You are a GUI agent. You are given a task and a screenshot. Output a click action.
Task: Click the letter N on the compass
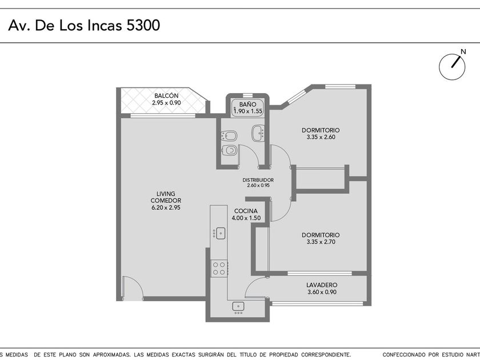(x=463, y=52)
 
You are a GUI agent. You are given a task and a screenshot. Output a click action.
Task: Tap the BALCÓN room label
(x=166, y=96)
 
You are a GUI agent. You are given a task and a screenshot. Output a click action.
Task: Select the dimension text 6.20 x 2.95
(x=166, y=207)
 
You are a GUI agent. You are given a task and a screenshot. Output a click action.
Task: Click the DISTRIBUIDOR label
(x=258, y=180)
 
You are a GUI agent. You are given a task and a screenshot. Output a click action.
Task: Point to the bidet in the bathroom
(x=229, y=135)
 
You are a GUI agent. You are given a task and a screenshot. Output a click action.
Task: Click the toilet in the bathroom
(x=229, y=150)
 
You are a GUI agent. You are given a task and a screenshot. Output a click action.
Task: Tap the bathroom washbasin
(x=258, y=133)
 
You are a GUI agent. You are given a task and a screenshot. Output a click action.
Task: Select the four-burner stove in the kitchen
(x=219, y=269)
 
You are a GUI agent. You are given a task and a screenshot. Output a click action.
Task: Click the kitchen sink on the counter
(x=219, y=233)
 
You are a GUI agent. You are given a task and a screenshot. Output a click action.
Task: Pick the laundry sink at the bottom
(x=238, y=307)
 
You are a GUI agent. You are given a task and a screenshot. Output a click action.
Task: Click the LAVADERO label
(x=322, y=285)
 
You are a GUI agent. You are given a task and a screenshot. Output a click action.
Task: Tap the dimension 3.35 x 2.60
(x=321, y=137)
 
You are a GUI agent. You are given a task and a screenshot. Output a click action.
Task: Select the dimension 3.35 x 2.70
(x=321, y=242)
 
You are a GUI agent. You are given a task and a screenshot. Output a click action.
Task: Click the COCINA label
(x=246, y=211)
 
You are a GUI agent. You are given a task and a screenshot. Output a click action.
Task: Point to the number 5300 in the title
(x=143, y=25)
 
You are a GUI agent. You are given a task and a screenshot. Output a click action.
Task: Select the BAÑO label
(x=247, y=105)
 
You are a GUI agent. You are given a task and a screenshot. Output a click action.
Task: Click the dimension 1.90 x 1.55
(x=248, y=111)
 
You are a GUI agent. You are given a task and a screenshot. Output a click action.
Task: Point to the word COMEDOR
(x=166, y=201)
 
